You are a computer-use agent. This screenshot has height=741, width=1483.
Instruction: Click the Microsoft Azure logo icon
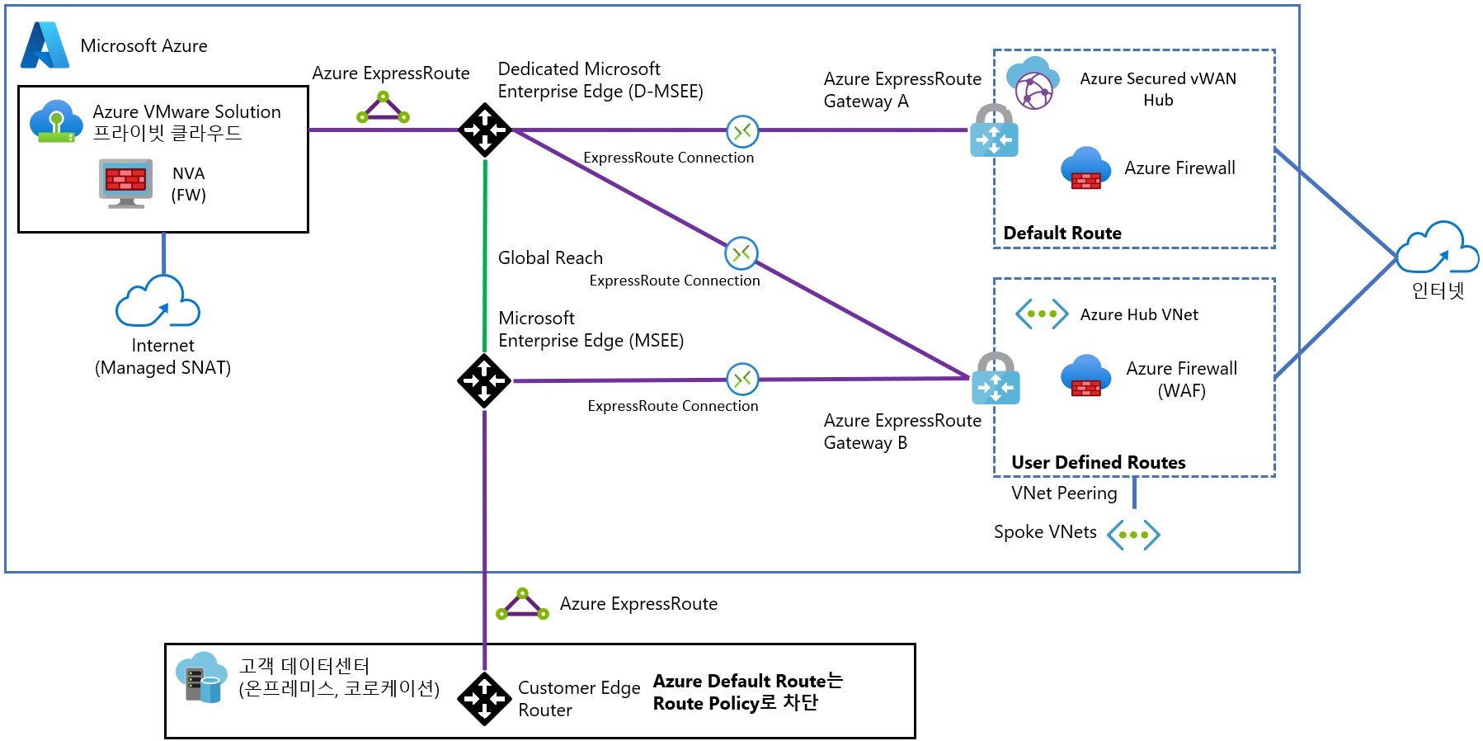coord(45,45)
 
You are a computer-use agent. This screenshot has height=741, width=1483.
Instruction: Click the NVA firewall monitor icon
coord(125,182)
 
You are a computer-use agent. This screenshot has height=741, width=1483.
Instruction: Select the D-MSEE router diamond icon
coord(485,130)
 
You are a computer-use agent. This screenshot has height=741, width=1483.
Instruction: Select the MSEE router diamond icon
coord(484,380)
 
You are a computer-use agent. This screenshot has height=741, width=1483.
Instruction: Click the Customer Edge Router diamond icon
coord(484,699)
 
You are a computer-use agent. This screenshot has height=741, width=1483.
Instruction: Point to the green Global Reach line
coord(485,256)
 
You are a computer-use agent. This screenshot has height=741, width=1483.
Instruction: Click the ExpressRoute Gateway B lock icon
coord(996,379)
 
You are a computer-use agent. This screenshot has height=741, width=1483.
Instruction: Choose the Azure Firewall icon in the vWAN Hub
coord(1085,168)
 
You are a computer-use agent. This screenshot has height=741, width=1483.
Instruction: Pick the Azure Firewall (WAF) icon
coord(1085,375)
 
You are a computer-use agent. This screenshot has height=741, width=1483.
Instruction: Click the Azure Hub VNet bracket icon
coord(1042,314)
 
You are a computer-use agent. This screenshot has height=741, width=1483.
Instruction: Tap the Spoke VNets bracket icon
coord(1133,535)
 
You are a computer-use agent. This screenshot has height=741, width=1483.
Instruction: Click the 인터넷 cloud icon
coord(1438,248)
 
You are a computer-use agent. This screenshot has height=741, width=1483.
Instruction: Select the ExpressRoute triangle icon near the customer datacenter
coord(522,605)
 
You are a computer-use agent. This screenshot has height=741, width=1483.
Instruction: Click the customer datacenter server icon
coord(201,677)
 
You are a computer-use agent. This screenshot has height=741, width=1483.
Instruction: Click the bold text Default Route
coord(1062,234)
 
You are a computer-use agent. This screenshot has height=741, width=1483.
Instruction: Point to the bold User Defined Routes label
coord(1098,463)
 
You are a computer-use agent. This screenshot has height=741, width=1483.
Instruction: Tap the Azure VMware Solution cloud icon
coord(56,121)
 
